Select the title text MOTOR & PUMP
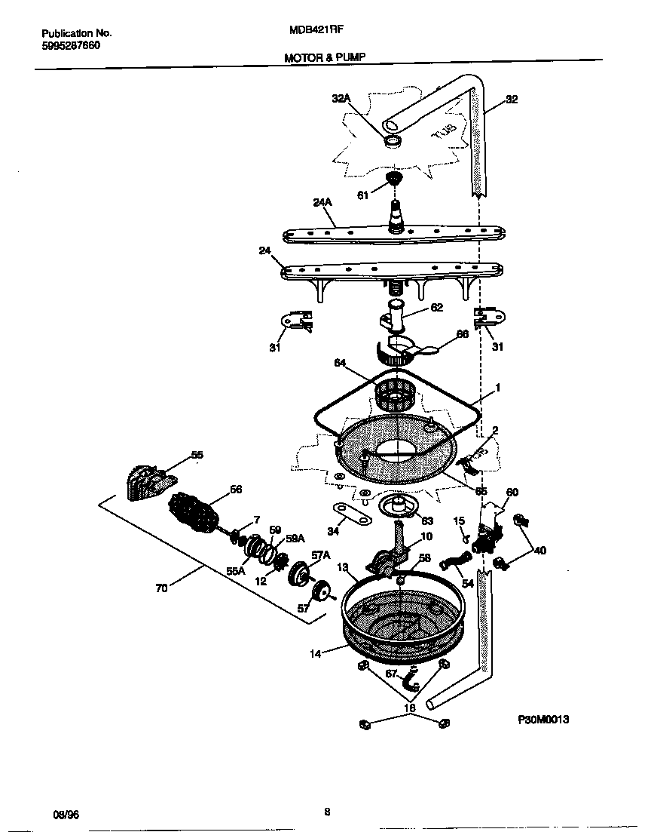325,57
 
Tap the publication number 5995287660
70,45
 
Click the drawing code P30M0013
543,720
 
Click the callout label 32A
341,98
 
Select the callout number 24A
322,202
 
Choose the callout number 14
318,654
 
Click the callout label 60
512,492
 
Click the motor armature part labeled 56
196,516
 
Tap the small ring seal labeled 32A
393,141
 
